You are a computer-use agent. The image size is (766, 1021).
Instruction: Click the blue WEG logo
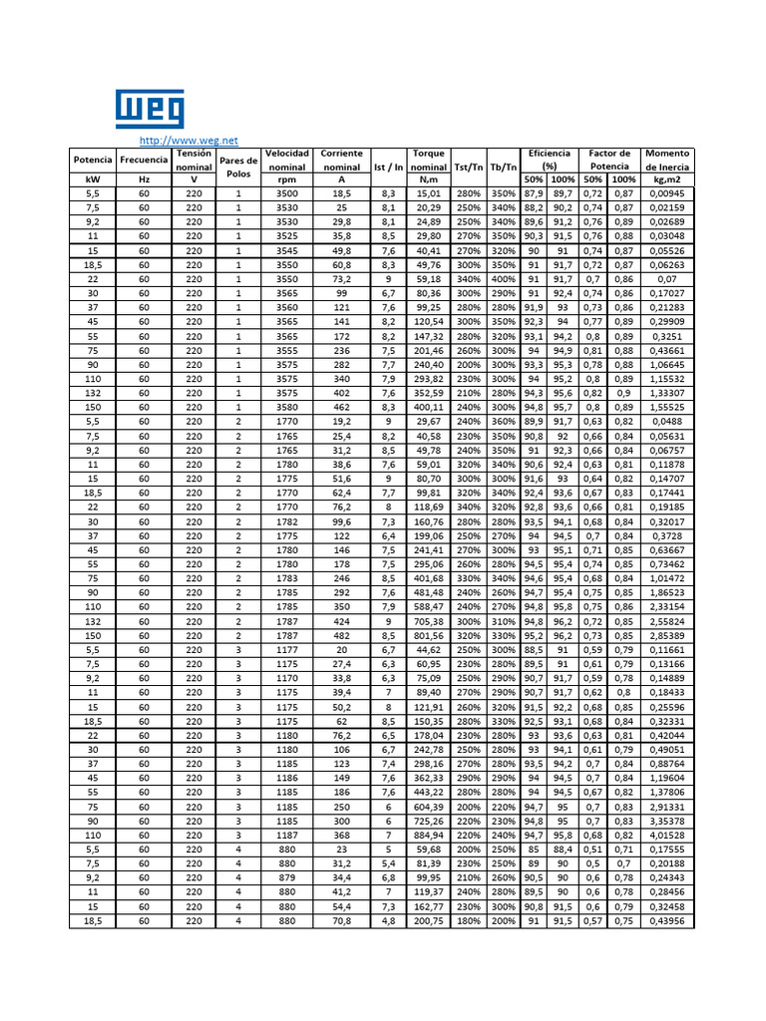(x=150, y=110)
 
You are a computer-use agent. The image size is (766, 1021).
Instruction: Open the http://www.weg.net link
(x=189, y=141)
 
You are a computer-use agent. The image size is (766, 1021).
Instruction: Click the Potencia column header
(x=93, y=160)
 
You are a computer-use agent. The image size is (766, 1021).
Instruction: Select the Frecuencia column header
(x=144, y=160)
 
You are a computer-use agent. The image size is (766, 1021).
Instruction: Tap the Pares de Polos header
(x=238, y=166)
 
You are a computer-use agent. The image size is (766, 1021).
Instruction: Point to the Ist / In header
(x=388, y=167)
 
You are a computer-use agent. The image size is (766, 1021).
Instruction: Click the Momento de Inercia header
(x=667, y=160)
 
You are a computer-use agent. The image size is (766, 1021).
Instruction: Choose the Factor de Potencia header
(x=609, y=160)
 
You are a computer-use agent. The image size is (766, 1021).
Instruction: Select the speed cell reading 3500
(x=287, y=193)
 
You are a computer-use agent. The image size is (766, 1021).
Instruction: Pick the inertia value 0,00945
(x=667, y=193)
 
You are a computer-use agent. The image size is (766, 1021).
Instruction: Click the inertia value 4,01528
(x=667, y=835)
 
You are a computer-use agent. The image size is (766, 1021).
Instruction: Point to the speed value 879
(x=287, y=877)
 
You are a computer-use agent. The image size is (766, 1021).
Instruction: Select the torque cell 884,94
(x=429, y=835)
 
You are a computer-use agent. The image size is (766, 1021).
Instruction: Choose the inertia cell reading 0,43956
(x=667, y=921)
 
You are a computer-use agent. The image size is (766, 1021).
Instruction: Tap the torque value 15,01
(x=429, y=193)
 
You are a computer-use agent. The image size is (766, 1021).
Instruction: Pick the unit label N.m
(x=429, y=179)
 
